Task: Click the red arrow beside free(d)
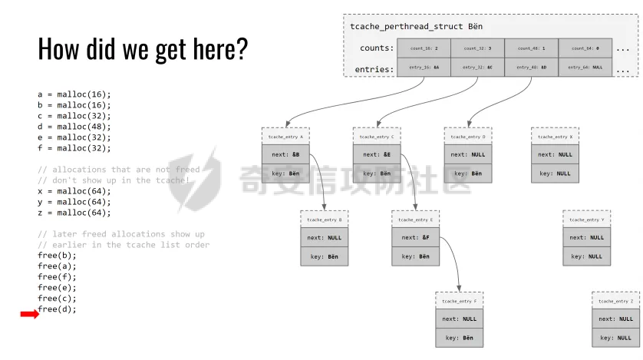tap(29, 314)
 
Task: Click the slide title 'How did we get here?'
tap(143, 48)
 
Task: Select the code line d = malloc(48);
tap(74, 127)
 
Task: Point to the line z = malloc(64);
tap(74, 213)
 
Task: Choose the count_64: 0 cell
tap(585, 48)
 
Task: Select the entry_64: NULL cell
tap(585, 68)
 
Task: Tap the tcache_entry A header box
tap(285, 136)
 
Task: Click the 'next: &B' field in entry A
tap(285, 154)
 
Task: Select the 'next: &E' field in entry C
tap(377, 154)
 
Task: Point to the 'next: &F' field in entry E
tap(415, 238)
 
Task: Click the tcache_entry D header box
tap(468, 136)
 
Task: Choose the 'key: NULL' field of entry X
tap(555, 173)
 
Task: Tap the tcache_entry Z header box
tap(615, 301)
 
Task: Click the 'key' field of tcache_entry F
tap(459, 338)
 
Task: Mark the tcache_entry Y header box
tap(586, 220)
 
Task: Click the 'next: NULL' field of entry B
tap(324, 238)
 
